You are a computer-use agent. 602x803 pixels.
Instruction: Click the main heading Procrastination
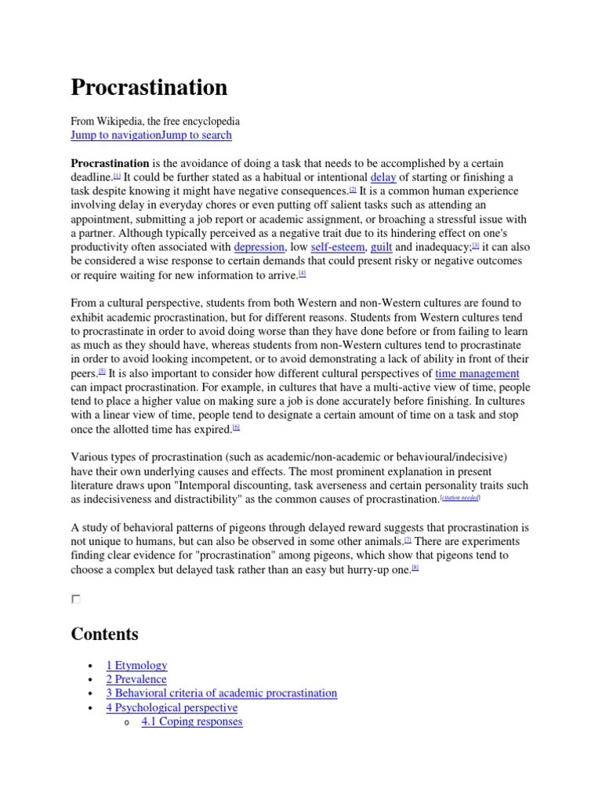point(149,88)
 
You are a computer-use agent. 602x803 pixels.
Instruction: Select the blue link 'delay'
point(383,177)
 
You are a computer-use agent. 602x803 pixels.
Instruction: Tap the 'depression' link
point(259,246)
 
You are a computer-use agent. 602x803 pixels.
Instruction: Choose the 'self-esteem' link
point(337,246)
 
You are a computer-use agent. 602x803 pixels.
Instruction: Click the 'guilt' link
point(381,246)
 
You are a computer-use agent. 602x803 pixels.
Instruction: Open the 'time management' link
point(477,373)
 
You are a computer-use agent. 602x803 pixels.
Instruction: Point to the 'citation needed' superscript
point(460,497)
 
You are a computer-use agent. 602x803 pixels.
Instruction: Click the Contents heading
point(104,633)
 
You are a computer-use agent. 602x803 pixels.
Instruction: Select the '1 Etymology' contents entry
point(136,665)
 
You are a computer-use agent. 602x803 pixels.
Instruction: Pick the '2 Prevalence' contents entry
point(136,679)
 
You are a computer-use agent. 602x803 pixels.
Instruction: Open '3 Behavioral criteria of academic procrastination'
point(221,693)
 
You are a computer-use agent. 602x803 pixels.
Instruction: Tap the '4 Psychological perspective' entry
point(172,707)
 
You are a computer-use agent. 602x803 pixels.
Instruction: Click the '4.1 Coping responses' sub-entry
point(191,721)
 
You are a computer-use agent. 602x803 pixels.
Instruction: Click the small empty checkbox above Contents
point(75,599)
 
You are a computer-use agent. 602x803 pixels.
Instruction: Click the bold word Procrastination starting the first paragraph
point(110,163)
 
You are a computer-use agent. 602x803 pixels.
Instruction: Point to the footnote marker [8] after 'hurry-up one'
point(415,569)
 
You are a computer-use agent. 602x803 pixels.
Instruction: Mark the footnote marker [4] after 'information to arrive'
point(303,273)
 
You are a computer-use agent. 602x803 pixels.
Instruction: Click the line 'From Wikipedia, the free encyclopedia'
point(155,121)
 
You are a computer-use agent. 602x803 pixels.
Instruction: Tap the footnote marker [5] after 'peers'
point(101,372)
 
